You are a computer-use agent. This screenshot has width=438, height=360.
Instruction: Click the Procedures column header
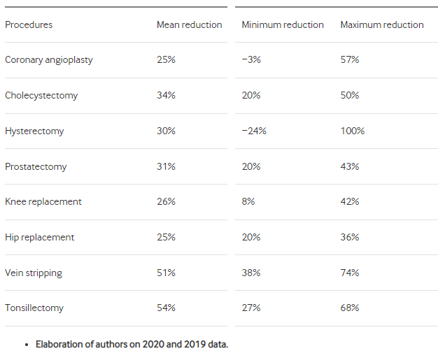29,24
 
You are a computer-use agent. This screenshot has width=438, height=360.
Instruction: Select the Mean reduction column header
190,24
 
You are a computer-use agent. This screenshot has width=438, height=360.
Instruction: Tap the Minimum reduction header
283,24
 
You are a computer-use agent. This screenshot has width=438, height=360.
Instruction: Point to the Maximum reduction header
382,24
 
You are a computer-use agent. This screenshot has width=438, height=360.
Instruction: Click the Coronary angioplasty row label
49,60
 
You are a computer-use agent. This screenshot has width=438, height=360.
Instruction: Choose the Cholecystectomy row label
41,96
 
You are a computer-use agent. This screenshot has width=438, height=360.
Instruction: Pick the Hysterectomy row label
34,131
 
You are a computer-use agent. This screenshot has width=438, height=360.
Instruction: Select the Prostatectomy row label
36,167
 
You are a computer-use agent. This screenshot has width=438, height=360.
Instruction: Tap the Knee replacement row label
43,202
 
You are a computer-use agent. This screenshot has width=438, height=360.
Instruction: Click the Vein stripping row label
34,273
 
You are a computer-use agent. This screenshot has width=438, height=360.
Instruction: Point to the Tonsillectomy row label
34,308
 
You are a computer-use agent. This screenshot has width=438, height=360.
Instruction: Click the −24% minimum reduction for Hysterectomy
254,131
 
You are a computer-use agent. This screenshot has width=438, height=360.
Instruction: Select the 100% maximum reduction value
353,131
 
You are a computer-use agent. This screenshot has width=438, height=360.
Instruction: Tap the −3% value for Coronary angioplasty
251,59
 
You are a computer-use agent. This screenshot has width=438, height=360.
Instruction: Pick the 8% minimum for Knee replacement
248,201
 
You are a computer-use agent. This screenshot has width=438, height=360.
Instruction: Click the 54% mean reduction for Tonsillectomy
166,308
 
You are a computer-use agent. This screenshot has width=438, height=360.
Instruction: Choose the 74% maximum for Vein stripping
350,273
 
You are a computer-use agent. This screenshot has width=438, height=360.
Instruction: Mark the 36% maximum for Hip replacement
350,237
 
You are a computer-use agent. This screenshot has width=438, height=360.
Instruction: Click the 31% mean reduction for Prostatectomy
166,166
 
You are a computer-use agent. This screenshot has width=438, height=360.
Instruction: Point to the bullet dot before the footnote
27,345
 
